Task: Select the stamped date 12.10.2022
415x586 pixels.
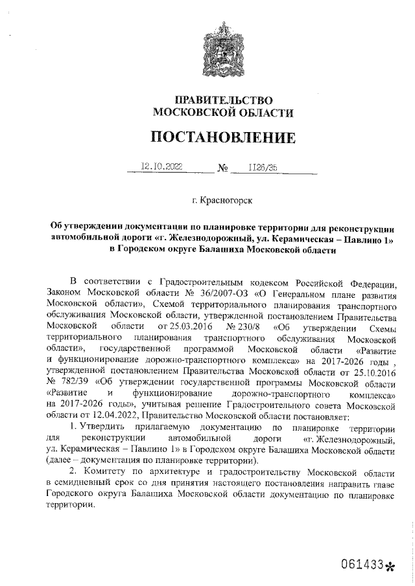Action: click(x=162, y=166)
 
